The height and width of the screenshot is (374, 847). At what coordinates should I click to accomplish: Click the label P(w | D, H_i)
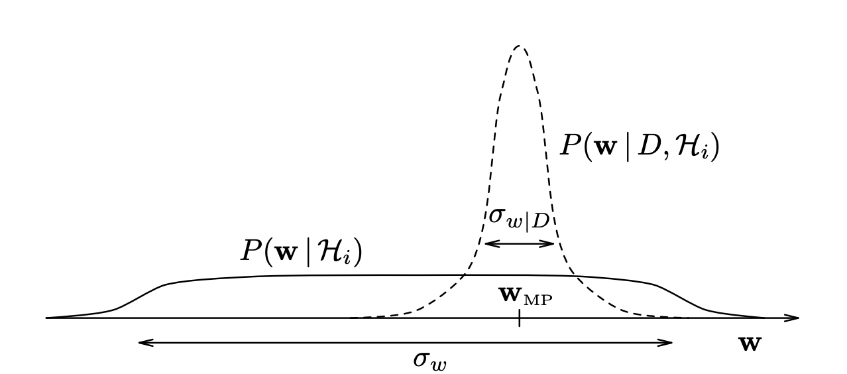(x=640, y=147)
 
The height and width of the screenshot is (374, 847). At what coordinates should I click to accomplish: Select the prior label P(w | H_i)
(x=302, y=252)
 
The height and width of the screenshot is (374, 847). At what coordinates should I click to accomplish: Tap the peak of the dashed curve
(x=519, y=46)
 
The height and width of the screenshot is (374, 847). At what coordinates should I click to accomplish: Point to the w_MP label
(x=525, y=295)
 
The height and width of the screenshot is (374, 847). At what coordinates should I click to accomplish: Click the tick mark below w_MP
(x=519, y=319)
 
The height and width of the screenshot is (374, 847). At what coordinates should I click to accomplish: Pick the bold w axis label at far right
(x=750, y=344)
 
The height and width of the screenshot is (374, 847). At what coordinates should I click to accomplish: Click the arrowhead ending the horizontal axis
(x=795, y=318)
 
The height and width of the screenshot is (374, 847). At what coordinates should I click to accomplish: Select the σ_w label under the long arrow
(x=429, y=360)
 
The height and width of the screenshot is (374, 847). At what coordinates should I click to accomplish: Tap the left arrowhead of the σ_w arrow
(x=142, y=343)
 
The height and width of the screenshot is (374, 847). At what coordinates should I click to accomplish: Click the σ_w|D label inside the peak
(x=519, y=217)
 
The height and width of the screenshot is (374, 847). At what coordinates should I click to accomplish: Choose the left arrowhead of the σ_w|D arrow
(x=488, y=243)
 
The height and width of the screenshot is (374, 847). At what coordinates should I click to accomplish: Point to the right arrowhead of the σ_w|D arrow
(x=551, y=243)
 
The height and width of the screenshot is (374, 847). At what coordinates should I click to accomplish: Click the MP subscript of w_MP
(x=537, y=300)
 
